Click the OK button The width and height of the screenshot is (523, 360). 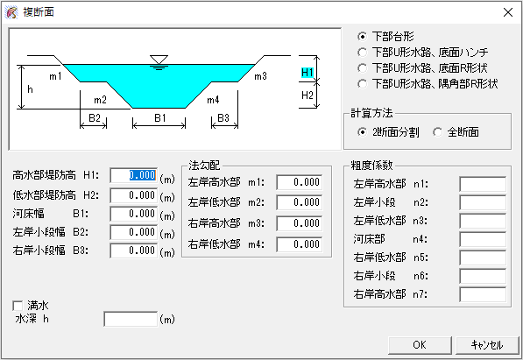pos(420,344)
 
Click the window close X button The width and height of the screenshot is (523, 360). pos(507,12)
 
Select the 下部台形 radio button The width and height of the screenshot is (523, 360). pos(362,37)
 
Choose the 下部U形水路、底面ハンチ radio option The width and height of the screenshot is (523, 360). pos(362,52)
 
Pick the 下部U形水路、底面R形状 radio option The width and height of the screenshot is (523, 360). pos(362,68)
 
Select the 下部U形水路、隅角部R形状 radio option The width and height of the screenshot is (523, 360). pos(362,84)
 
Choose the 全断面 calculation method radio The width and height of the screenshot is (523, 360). pos(437,132)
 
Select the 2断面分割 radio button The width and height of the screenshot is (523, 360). pos(362,132)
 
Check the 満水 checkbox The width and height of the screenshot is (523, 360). pos(18,306)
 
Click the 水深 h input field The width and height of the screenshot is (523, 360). pos(131,320)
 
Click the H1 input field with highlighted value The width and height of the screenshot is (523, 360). pos(133,175)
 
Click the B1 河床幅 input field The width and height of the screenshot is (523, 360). pos(133,214)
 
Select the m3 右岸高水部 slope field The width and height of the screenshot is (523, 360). pos(300,223)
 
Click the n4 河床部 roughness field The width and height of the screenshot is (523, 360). pos(483,239)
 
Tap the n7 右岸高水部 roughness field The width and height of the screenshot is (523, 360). pos(483,294)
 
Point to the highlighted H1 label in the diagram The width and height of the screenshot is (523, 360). pos(307,73)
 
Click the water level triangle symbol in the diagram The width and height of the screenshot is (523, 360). pos(159,60)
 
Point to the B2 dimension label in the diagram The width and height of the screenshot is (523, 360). pos(95,118)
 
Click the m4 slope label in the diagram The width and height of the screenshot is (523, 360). pos(213,100)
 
